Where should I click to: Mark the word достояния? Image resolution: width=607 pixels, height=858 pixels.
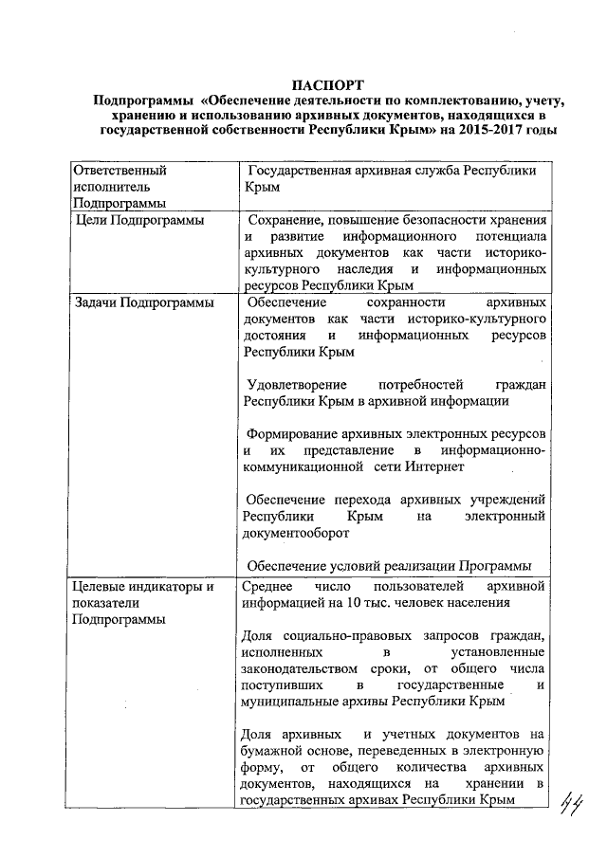coord(273,336)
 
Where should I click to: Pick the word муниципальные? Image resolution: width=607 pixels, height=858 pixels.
coord(290,702)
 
